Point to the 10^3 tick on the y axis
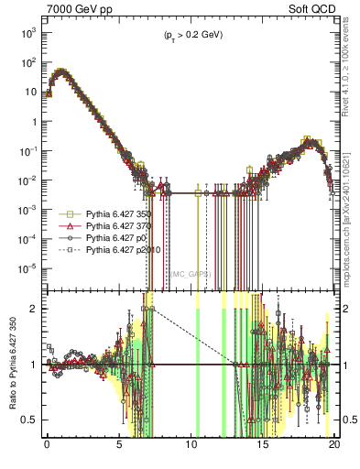[x=29, y=32]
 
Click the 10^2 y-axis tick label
[x=29, y=62]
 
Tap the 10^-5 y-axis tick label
[x=29, y=268]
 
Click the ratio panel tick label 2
[x=34, y=309]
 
